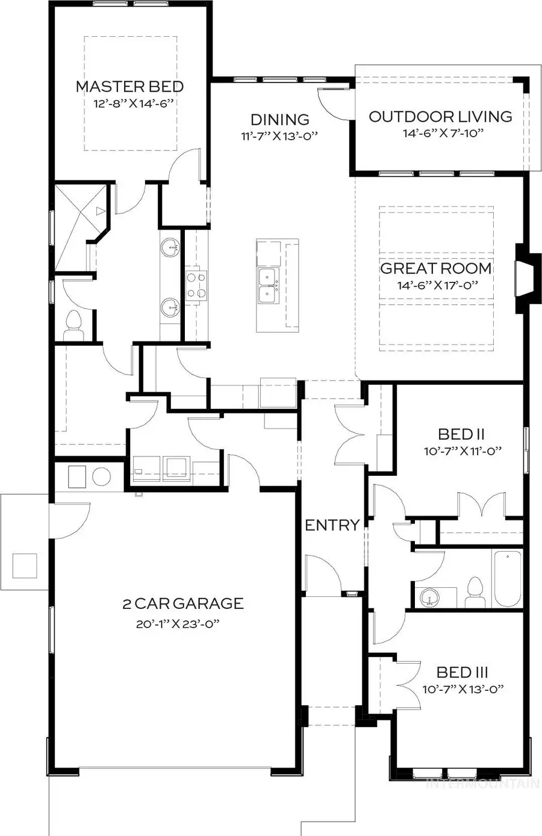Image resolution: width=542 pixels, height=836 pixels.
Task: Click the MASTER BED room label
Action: click(129, 87)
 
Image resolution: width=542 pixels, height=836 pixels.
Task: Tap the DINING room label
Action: click(279, 119)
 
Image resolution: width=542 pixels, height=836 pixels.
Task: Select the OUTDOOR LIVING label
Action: click(440, 116)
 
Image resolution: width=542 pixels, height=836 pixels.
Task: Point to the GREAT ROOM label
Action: click(436, 269)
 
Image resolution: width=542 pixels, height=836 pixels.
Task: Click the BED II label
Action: click(462, 434)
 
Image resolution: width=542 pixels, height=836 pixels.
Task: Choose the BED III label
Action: click(462, 672)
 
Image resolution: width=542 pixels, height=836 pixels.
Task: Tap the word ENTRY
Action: click(332, 525)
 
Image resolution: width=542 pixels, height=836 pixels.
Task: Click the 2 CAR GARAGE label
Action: click(183, 603)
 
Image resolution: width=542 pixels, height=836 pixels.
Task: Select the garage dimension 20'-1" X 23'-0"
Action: click(176, 625)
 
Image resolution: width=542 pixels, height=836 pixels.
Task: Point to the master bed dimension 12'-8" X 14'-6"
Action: click(133, 104)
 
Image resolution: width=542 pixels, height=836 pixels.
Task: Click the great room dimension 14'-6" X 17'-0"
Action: click(437, 285)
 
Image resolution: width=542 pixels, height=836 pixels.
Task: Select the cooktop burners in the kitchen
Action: click(196, 285)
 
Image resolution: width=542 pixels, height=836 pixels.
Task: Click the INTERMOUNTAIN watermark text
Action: click(482, 784)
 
